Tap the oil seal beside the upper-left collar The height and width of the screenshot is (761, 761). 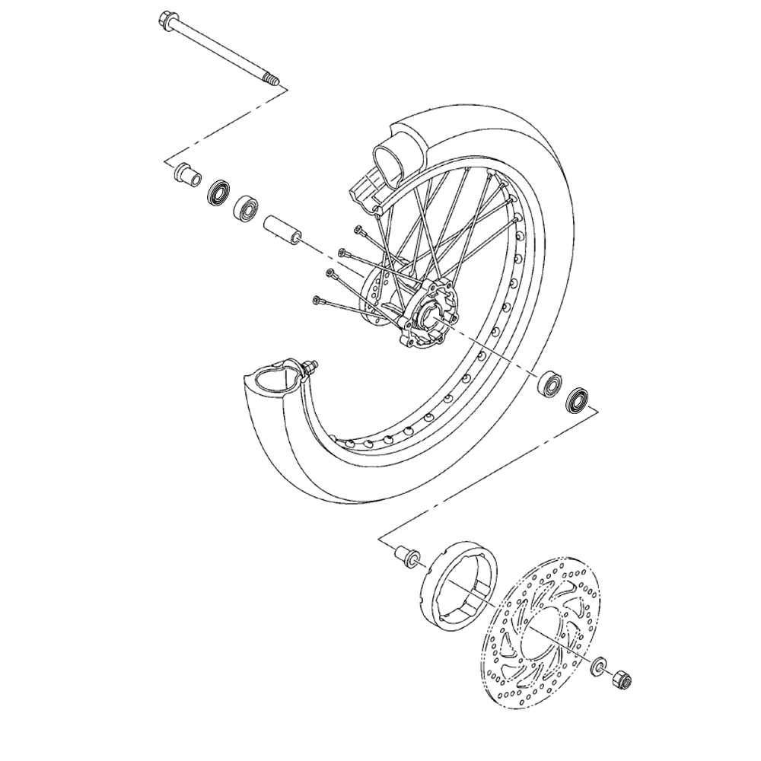coord(219,193)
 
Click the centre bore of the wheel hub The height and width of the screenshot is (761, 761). coord(428,312)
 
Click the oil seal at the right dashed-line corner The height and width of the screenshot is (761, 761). coord(578,400)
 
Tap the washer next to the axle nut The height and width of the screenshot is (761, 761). coord(600,668)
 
